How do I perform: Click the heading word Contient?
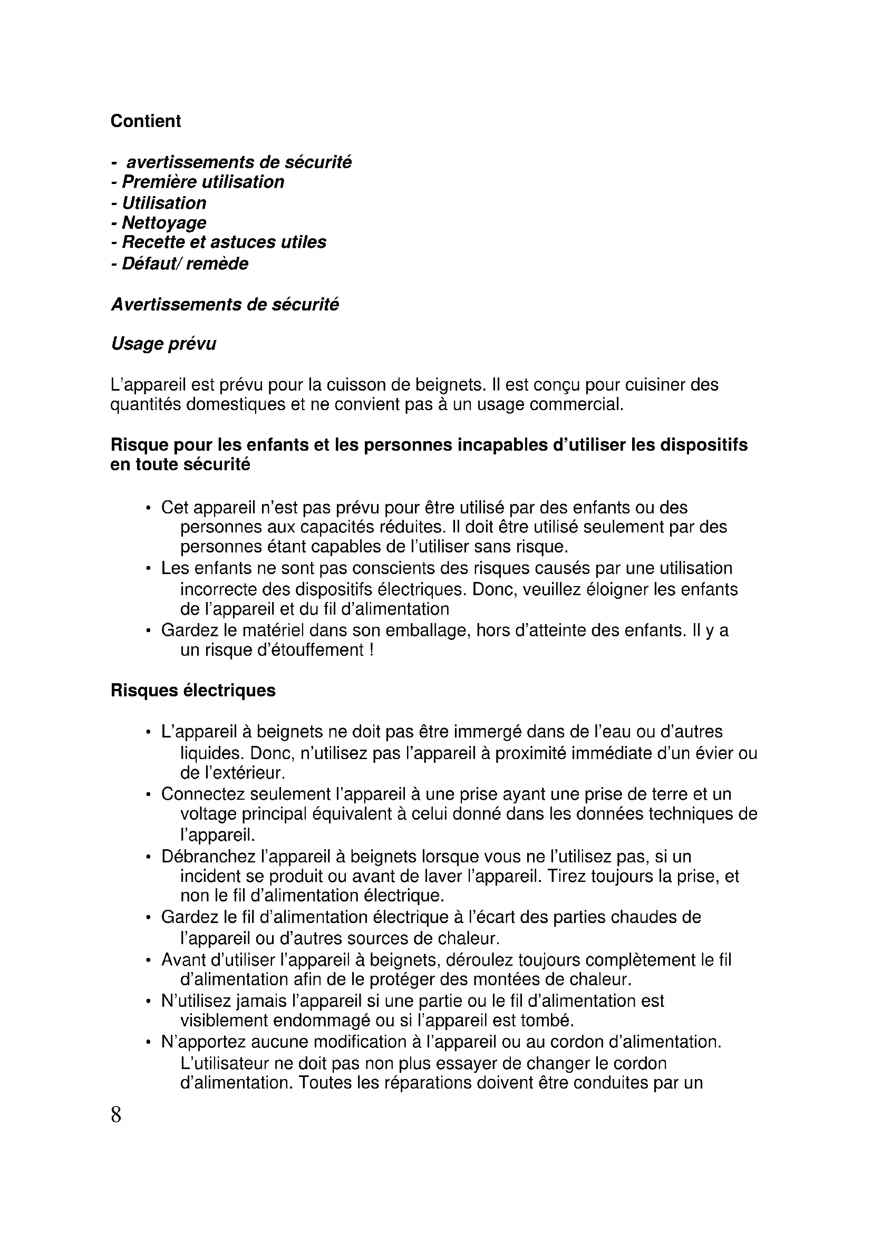click(x=146, y=121)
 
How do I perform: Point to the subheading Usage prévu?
click(x=163, y=344)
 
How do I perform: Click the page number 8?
click(x=116, y=1115)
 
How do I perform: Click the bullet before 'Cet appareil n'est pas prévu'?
click(x=148, y=508)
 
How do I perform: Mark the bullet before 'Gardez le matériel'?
click(x=148, y=630)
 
